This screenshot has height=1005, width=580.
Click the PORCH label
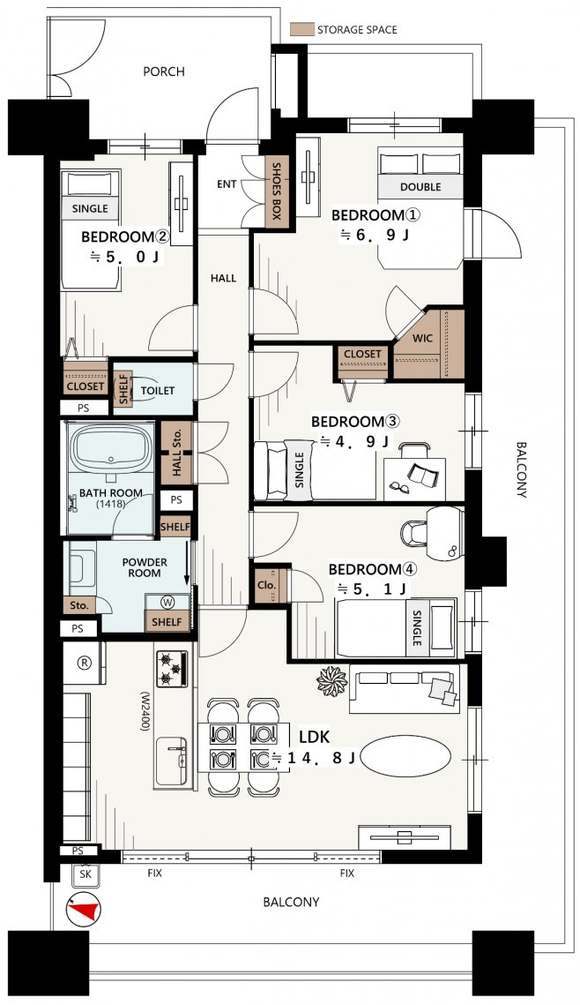pyautogui.click(x=164, y=71)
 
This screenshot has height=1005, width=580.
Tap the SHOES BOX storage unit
pyautogui.click(x=277, y=191)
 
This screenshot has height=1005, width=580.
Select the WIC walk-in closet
pyautogui.click(x=429, y=344)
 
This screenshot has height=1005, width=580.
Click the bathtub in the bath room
pyautogui.click(x=111, y=448)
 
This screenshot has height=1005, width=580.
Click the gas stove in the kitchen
pyautogui.click(x=172, y=670)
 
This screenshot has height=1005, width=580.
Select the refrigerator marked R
pyautogui.click(x=84, y=664)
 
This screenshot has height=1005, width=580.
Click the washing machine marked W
pyautogui.click(x=167, y=603)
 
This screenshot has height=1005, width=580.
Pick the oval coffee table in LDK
pyautogui.click(x=405, y=755)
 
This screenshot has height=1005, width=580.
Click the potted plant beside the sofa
pyautogui.click(x=331, y=680)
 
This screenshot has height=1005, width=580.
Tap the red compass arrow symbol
pyautogui.click(x=83, y=909)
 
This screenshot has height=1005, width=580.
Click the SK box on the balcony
pyautogui.click(x=86, y=874)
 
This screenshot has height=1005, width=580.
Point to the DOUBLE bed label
pyautogui.click(x=420, y=186)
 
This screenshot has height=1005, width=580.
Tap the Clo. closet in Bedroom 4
pyautogui.click(x=267, y=584)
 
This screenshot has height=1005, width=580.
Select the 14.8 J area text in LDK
pyautogui.click(x=314, y=758)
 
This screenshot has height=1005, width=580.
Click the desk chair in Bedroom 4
pyautogui.click(x=414, y=532)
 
